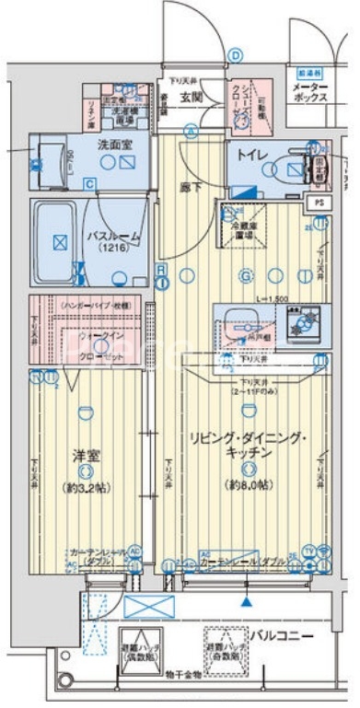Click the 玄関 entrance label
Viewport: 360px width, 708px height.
click(191, 97)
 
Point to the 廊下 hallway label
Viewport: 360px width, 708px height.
click(191, 185)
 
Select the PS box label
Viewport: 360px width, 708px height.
click(319, 202)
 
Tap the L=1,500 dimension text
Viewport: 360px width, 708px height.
click(273, 299)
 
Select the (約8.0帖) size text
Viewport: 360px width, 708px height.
click(244, 484)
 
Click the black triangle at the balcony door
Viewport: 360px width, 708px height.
click(246, 601)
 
